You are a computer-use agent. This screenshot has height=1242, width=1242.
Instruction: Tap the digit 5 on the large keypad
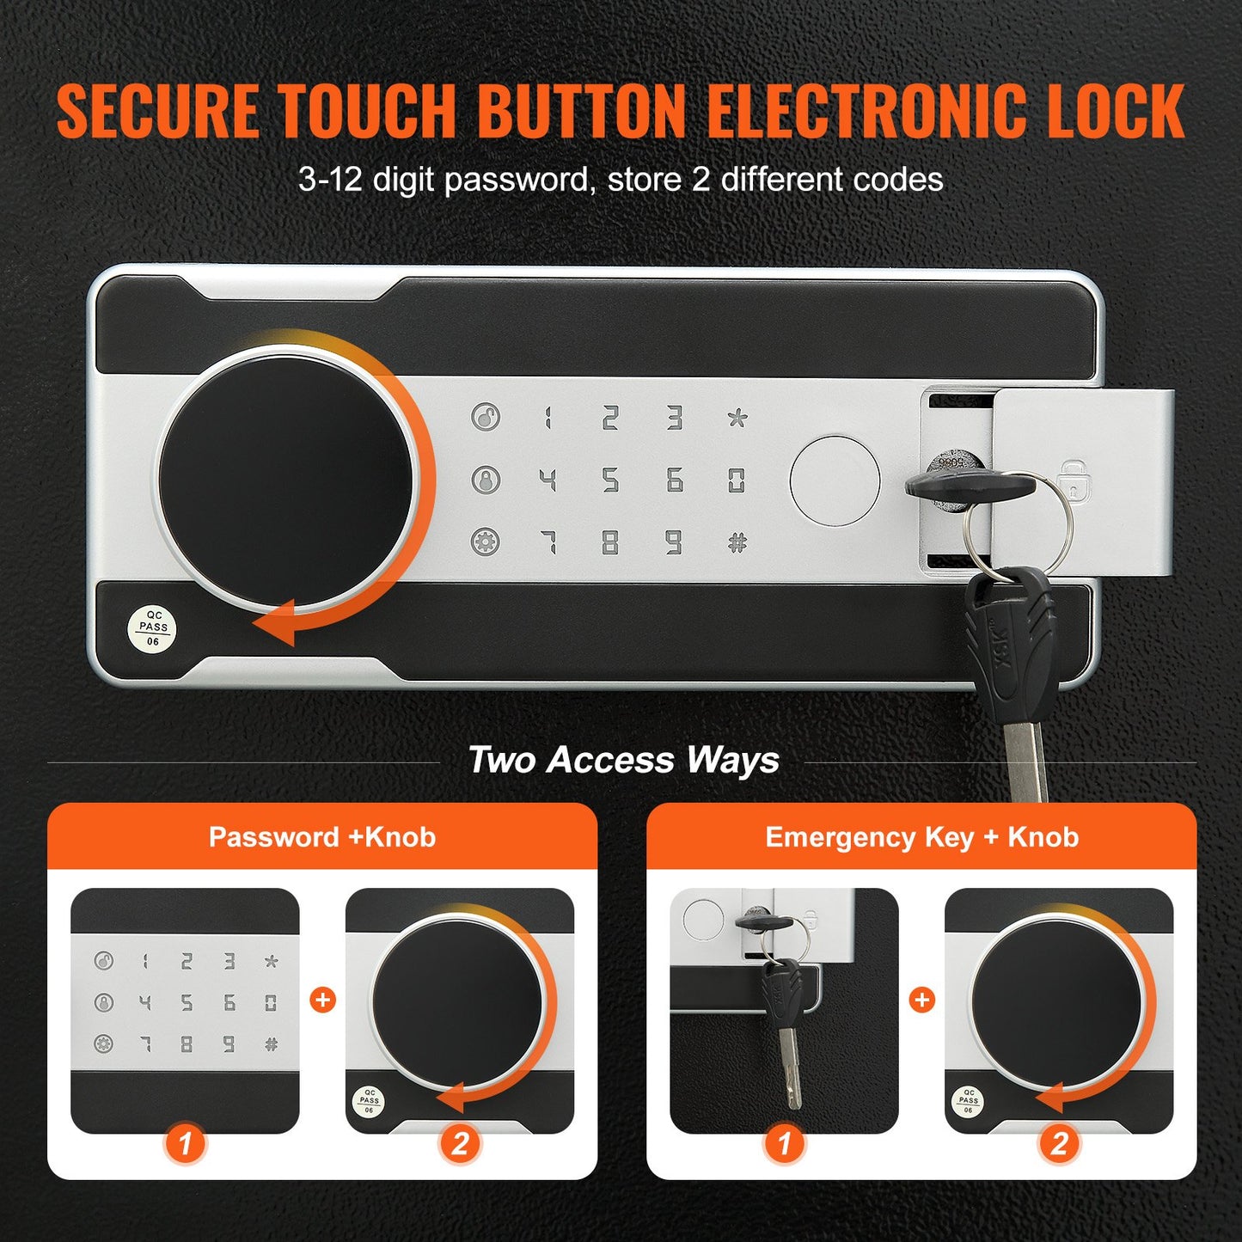[x=610, y=480]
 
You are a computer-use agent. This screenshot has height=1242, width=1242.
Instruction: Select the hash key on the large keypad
[x=737, y=542]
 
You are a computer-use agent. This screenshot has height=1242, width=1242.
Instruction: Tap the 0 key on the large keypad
[x=737, y=480]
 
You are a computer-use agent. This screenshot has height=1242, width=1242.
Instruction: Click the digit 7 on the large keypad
[x=548, y=542]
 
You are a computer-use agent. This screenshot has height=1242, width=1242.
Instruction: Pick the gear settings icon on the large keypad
[x=486, y=542]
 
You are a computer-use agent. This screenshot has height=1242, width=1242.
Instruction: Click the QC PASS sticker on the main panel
[x=153, y=628]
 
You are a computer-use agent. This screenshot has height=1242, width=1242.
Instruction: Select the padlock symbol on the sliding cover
[x=1072, y=481]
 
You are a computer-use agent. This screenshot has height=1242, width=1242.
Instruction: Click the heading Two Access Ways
[x=623, y=761]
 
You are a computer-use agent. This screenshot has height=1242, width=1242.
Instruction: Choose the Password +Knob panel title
[x=322, y=837]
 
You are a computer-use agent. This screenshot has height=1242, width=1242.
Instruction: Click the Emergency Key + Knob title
[x=921, y=837]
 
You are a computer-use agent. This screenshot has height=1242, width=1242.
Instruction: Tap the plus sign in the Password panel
[x=322, y=1000]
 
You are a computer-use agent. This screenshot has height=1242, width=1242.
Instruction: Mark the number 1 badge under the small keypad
[x=185, y=1144]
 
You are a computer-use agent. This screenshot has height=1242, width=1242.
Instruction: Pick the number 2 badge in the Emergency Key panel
[x=1059, y=1144]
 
